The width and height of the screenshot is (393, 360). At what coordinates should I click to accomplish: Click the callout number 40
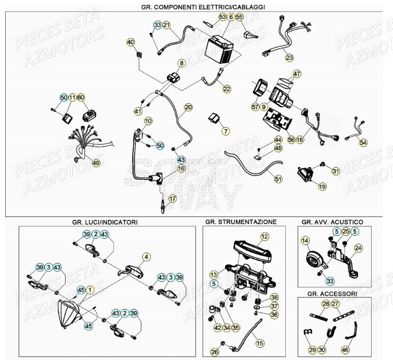[131, 42]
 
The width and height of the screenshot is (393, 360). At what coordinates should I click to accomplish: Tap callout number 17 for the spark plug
[172, 199]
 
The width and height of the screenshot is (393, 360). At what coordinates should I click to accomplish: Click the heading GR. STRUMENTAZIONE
[241, 222]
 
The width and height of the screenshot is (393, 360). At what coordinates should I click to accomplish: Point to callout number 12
[264, 236]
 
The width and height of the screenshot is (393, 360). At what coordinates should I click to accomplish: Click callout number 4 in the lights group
[146, 256]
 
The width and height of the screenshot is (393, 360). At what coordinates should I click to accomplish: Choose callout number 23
[290, 58]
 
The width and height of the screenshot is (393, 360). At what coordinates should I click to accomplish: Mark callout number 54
[364, 142]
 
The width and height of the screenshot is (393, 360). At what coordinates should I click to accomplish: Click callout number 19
[322, 187]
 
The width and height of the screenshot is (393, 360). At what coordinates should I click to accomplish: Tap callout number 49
[96, 163]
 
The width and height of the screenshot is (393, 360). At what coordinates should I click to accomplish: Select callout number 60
[81, 97]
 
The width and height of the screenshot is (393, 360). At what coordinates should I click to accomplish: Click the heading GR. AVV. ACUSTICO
[332, 222]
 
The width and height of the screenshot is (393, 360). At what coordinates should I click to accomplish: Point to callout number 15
[259, 342]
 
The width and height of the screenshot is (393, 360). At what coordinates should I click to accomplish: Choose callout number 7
[225, 131]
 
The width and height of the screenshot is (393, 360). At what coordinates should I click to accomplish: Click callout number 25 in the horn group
[346, 231]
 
